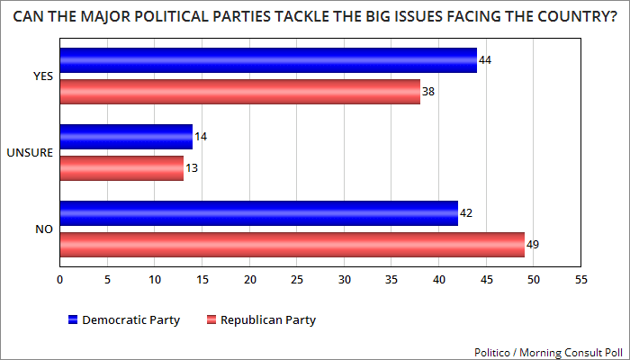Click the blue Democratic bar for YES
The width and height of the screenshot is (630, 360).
tap(268, 60)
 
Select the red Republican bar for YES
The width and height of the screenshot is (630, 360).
tap(239, 92)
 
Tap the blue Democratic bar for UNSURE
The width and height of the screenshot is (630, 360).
tap(126, 137)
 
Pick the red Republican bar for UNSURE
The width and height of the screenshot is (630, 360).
tap(121, 168)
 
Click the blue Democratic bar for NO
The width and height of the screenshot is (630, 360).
tap(258, 213)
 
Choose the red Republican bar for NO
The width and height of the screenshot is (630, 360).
tap(292, 245)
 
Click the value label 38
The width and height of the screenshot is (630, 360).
tap(429, 92)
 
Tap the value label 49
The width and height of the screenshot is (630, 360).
tap(533, 245)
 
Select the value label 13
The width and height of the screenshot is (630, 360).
tap(192, 168)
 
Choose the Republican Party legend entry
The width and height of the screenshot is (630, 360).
tap(262, 319)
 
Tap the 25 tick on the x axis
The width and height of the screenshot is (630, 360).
tap(297, 280)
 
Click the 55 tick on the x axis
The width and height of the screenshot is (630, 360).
tap(581, 280)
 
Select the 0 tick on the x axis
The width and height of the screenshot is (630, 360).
tap(60, 280)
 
